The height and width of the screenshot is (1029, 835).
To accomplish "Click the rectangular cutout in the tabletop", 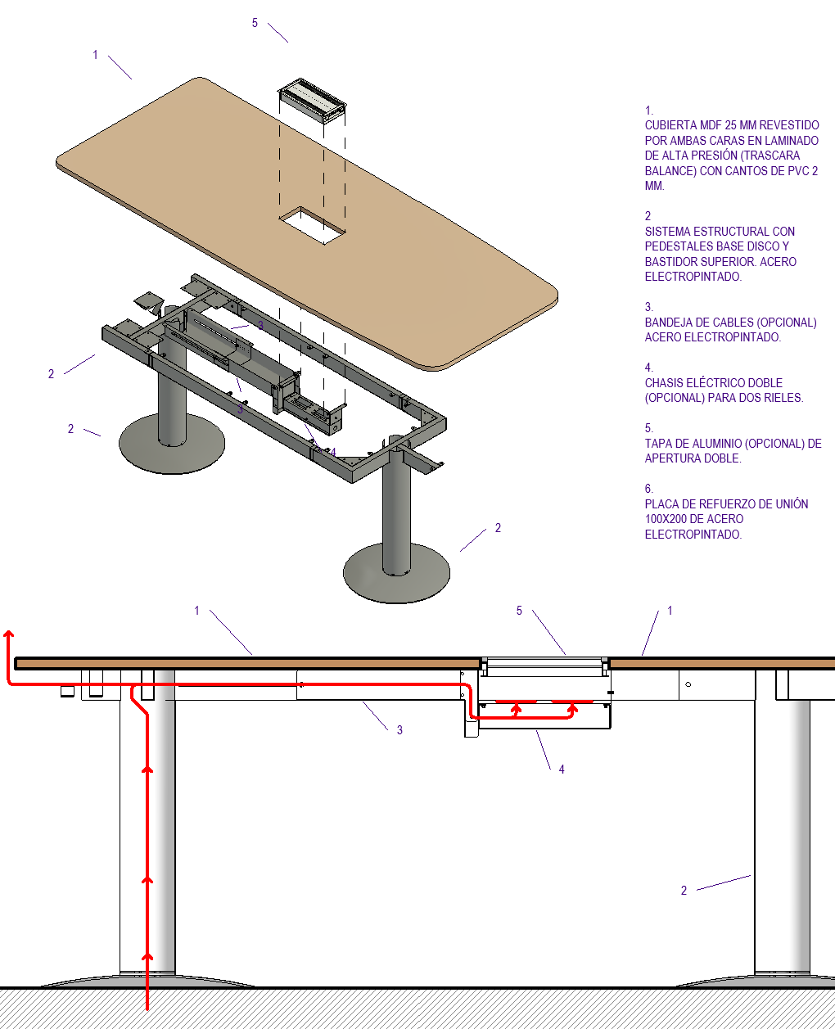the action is click(313, 226).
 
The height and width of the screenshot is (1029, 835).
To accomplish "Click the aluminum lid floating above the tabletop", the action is click(312, 101).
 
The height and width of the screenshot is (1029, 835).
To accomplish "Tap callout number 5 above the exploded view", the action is click(255, 23).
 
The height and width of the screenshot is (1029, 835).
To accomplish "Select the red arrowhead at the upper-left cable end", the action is click(9, 634).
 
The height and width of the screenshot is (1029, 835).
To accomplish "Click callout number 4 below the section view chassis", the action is click(562, 769).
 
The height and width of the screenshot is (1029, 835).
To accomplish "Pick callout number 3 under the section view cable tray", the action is click(399, 730).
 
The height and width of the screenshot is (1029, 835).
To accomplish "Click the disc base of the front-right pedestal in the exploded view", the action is click(396, 574).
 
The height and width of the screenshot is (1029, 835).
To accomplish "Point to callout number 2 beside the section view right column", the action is click(684, 891).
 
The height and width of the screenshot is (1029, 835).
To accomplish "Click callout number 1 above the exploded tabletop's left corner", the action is click(95, 55).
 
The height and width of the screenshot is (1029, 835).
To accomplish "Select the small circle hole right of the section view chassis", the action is click(688, 684).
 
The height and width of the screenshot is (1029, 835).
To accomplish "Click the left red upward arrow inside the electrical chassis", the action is click(517, 709).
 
